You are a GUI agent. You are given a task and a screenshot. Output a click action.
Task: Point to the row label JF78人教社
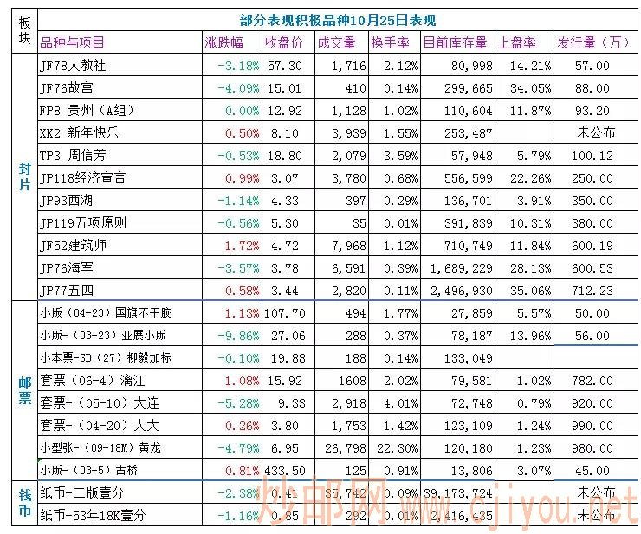pyautogui.click(x=73, y=66)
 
